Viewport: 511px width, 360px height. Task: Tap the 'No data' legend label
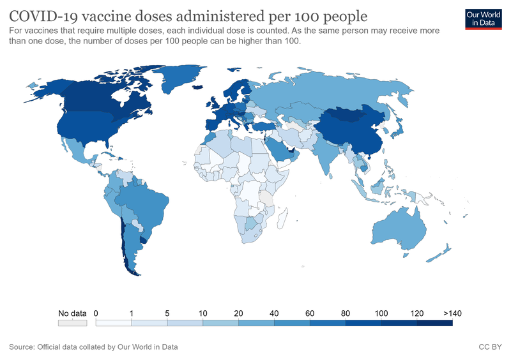pyautogui.click(x=72, y=313)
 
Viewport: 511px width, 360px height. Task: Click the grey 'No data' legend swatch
pyautogui.click(x=72, y=324)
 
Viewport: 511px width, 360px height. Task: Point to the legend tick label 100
pyautogui.click(x=381, y=313)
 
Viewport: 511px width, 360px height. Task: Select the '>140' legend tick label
pyautogui.click(x=452, y=313)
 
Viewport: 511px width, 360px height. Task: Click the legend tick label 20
pyautogui.click(x=238, y=313)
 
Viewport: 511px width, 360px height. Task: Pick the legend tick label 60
pyautogui.click(x=310, y=313)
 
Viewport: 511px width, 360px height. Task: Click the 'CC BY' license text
pyautogui.click(x=490, y=347)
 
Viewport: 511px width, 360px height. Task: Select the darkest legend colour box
pyautogui.click(x=435, y=324)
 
